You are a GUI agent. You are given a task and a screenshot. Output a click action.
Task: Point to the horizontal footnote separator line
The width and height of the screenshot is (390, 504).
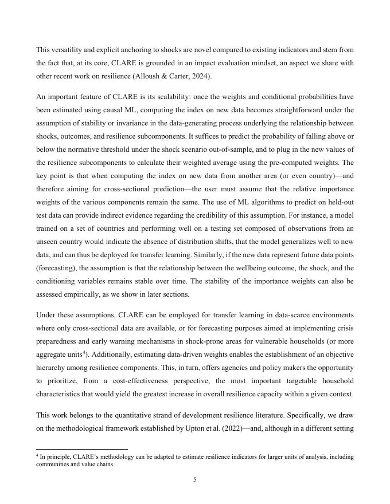81,449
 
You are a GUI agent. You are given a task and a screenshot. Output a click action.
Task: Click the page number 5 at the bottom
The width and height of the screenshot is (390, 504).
195,480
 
